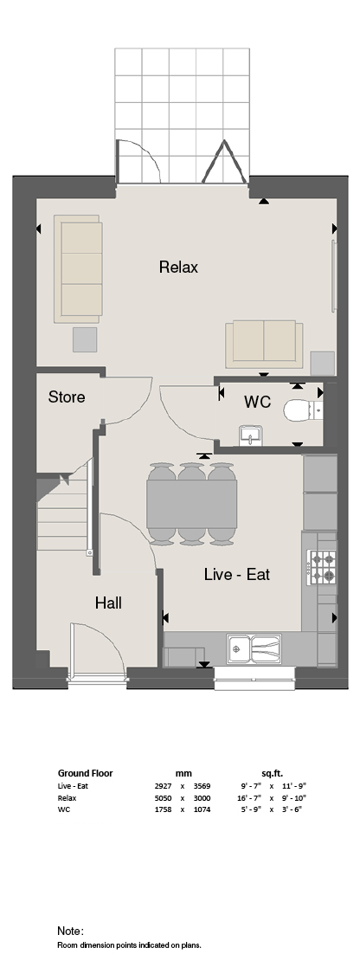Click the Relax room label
click(178, 267)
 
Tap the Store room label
click(67, 397)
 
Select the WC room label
click(257, 402)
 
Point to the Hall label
click(108, 603)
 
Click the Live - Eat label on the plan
click(237, 574)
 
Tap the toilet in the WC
click(303, 411)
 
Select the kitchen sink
click(254, 648)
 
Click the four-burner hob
click(322, 566)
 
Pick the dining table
click(192, 503)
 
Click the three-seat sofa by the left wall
click(78, 268)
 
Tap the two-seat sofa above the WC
click(264, 345)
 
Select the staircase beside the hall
click(61, 513)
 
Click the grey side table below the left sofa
click(85, 339)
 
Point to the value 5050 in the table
click(163, 798)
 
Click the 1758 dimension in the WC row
click(163, 809)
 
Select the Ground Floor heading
click(86, 773)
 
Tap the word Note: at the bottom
click(70, 932)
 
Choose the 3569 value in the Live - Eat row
click(202, 786)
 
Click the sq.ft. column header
click(273, 773)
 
